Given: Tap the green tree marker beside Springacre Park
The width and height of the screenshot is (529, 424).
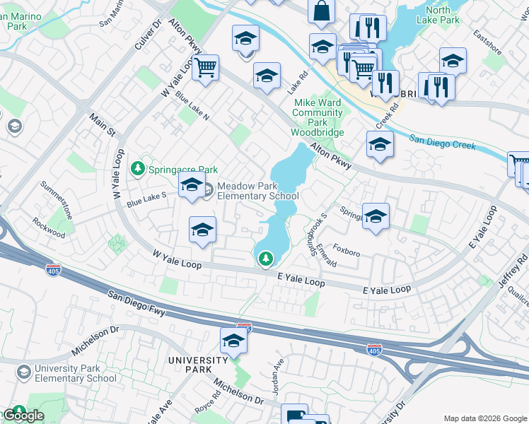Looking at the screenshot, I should [x=138, y=169].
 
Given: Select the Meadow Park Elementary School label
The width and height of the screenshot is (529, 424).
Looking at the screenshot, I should [x=257, y=191].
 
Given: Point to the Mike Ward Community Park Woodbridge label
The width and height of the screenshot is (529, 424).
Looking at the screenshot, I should [x=318, y=117].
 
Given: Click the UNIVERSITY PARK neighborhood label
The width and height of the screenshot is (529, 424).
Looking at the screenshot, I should [x=198, y=365].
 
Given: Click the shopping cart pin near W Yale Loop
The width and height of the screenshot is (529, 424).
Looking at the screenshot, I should [x=206, y=69].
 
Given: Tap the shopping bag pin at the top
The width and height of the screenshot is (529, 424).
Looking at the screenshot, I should [x=321, y=12].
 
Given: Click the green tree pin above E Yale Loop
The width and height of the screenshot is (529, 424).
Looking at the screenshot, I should [x=266, y=259].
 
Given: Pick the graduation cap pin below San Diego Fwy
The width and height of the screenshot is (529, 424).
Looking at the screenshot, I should [x=233, y=341].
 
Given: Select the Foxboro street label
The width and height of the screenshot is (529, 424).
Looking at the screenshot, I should [x=347, y=250].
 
